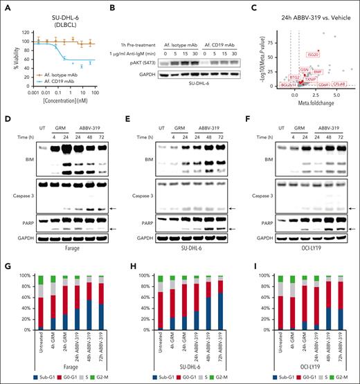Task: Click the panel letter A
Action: pos(6,6)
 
